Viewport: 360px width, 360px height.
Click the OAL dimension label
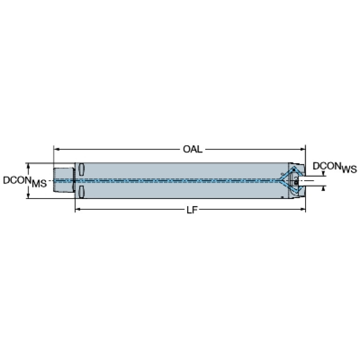tap(192, 149)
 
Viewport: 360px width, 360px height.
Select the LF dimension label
tap(192, 210)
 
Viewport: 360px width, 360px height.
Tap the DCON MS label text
tap(25, 181)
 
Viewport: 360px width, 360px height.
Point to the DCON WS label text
tap(335, 167)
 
